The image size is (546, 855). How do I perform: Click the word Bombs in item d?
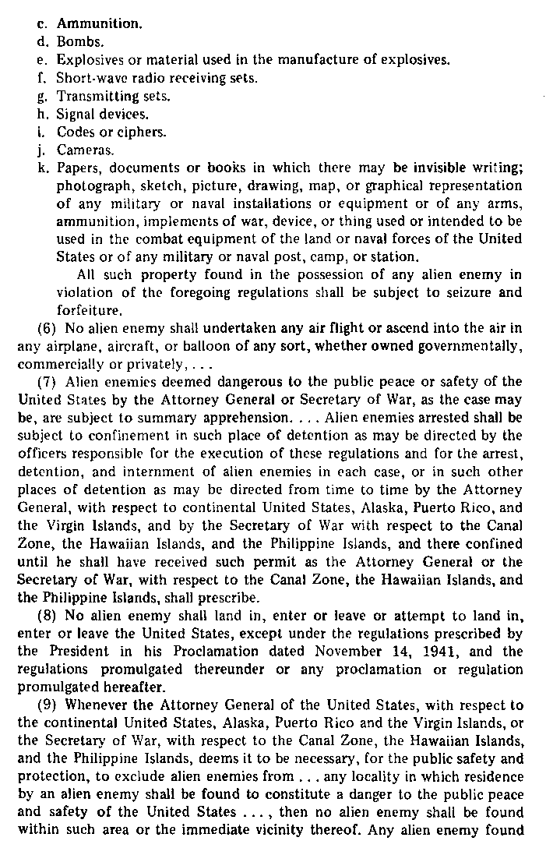[76, 41]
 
